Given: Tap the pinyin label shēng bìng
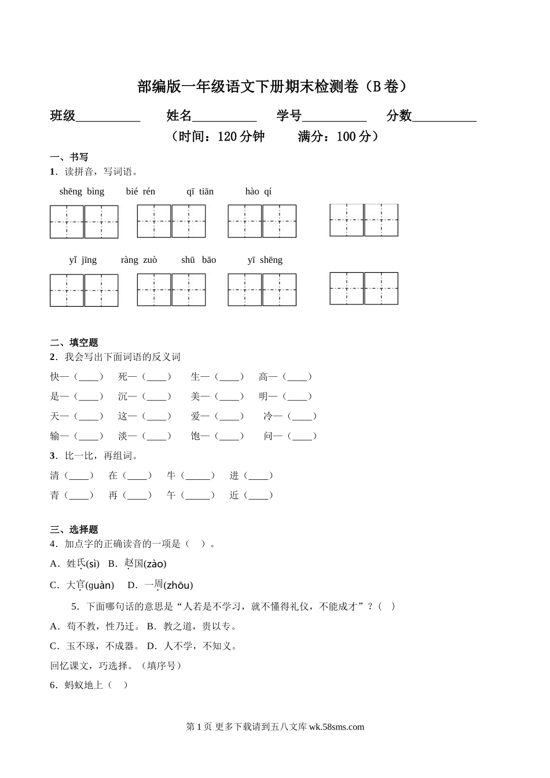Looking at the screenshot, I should [82, 192].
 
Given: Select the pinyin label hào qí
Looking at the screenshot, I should [258, 192].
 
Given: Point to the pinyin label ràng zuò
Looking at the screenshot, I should [139, 260].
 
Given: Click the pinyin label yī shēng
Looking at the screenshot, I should [265, 260].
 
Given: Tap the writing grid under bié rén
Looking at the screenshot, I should [171, 221].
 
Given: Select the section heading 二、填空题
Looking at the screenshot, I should [74, 343].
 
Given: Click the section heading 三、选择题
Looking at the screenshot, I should [74, 530].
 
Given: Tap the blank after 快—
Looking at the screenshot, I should [89, 377].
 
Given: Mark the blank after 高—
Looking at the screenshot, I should [297, 377].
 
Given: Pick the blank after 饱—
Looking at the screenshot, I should [229, 436].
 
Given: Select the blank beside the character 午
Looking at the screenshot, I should [197, 496].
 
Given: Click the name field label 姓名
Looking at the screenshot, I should [179, 116].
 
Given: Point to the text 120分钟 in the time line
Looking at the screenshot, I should [241, 137].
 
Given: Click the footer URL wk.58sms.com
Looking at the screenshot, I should [337, 727].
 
